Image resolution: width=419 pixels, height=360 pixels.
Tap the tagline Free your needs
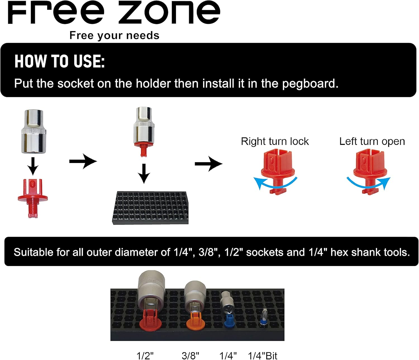(114, 35)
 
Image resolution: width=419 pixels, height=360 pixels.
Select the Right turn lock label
(275, 141)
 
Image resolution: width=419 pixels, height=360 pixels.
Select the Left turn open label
(372, 141)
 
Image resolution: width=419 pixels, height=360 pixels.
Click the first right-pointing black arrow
(83, 161)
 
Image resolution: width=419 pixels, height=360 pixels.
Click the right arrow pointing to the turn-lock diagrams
(208, 164)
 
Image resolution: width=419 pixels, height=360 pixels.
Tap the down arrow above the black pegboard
(144, 173)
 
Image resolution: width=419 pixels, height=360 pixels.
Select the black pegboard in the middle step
(150, 208)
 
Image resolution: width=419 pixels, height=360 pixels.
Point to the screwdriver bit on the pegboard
(263, 318)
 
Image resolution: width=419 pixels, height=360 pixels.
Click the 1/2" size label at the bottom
(145, 356)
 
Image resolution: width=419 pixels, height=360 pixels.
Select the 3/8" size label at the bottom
(190, 356)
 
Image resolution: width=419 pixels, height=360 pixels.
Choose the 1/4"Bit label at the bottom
(262, 356)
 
